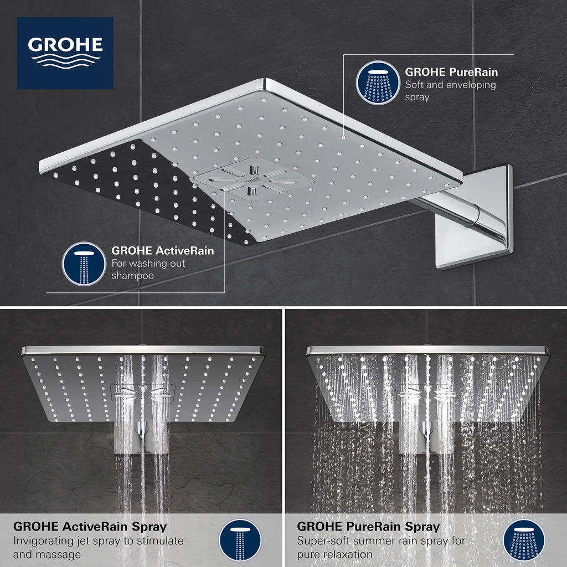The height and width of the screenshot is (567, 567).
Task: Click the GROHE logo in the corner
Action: point(65,53)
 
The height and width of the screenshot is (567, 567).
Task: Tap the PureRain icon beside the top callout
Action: point(378,82)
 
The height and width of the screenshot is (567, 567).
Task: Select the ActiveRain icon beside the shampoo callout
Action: point(84,264)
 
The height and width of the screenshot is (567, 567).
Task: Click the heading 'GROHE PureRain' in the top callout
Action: point(451,72)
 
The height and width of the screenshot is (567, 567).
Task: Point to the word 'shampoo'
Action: point(133,275)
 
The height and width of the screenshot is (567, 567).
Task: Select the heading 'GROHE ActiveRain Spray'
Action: point(90,527)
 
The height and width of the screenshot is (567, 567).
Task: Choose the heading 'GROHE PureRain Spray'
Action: point(368,527)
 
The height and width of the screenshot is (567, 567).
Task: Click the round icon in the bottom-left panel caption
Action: point(240,540)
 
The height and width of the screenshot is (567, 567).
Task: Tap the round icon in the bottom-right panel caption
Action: point(524,540)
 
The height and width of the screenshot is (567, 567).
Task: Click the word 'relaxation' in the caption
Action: point(347,554)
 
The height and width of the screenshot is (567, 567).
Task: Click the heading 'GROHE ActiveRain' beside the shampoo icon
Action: point(162,251)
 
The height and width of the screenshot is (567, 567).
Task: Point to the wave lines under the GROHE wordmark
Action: point(65,60)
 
